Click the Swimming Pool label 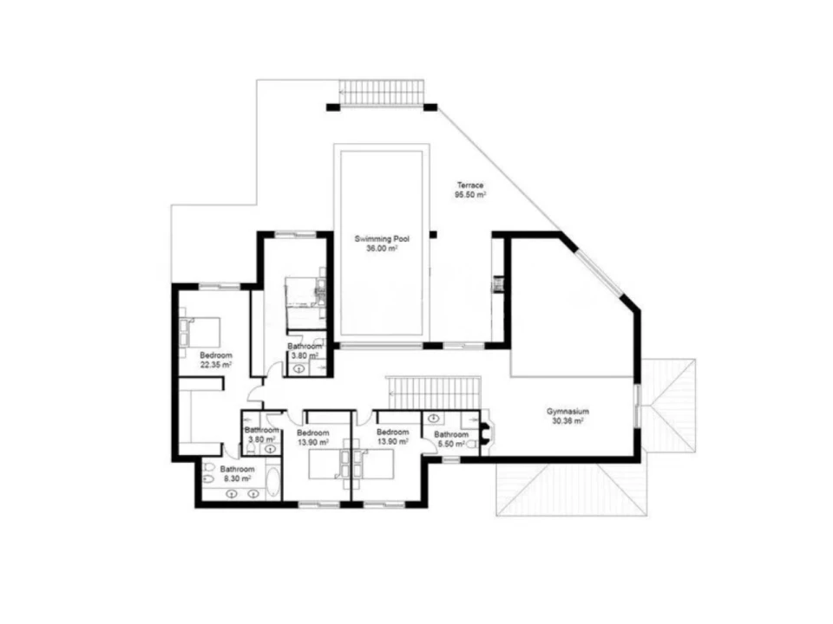click(382, 239)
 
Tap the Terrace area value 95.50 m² click(470, 195)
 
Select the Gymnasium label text click(567, 411)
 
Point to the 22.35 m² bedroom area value click(216, 365)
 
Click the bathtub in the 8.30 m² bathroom click(272, 483)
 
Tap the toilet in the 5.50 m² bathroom click(470, 445)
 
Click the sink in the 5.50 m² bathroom click(434, 418)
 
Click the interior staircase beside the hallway click(434, 393)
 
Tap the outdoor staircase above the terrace click(382, 93)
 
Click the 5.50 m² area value click(451, 444)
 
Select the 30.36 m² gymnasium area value click(567, 421)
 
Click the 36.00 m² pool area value click(382, 249)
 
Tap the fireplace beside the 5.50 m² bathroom click(485, 432)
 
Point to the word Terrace click(470, 185)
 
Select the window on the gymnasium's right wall click(637, 405)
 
